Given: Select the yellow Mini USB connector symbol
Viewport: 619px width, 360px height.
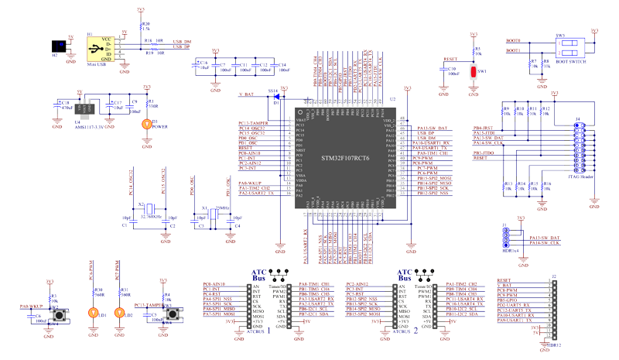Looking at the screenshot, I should [96, 49].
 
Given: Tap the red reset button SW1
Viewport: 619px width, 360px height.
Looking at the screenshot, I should [474, 72].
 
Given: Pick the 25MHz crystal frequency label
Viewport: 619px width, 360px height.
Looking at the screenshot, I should [222, 208].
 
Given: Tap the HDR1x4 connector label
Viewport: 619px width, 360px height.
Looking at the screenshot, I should [511, 250].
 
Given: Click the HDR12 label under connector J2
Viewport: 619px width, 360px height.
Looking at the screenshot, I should [552, 346].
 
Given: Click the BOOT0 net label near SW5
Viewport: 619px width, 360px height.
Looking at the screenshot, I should [513, 40].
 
